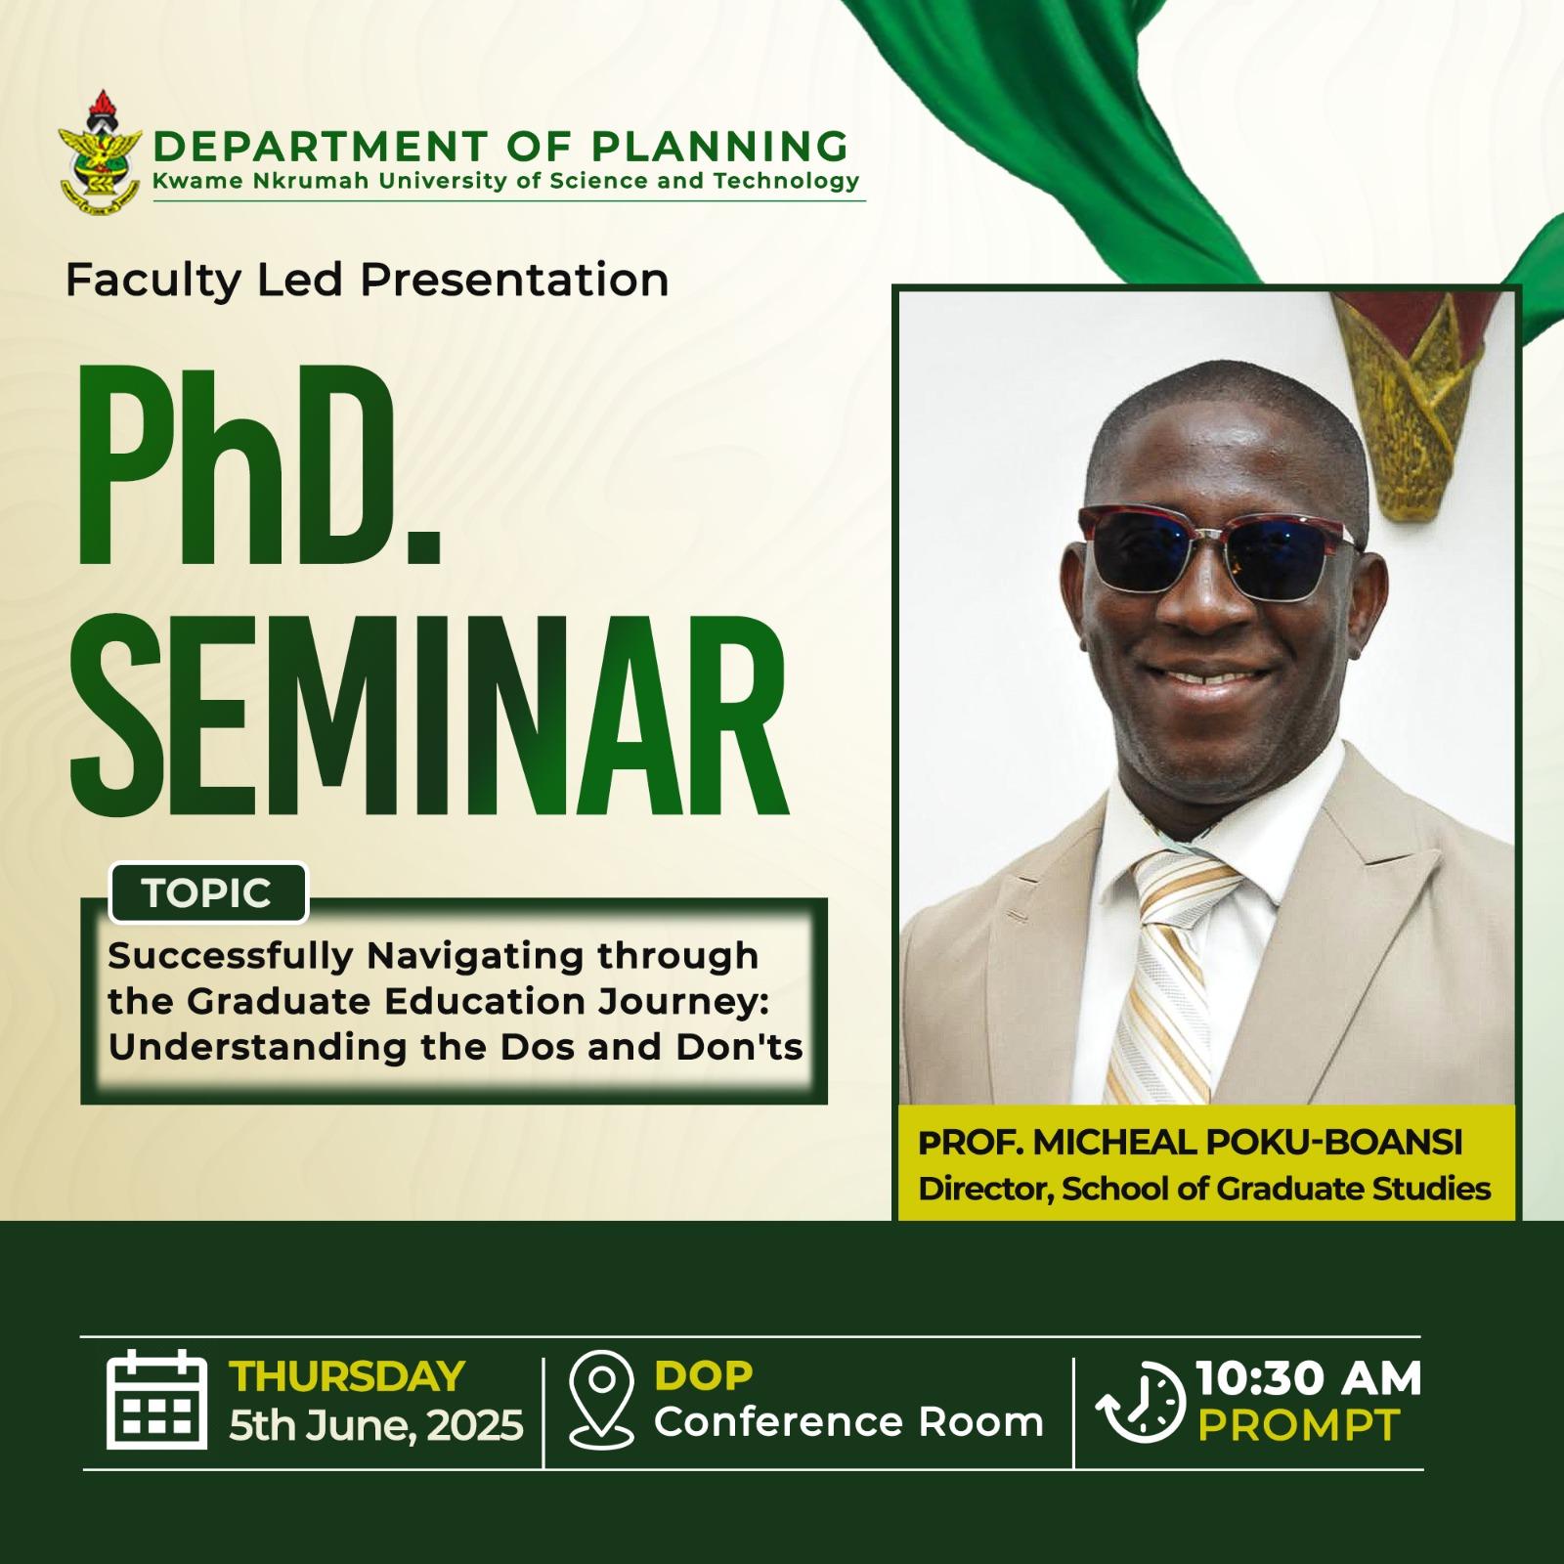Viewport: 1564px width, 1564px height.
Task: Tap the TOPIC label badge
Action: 208,892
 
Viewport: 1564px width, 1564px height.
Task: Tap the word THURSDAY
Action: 347,1375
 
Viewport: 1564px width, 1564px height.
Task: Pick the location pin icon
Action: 603,1399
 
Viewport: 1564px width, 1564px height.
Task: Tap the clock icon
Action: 1140,1402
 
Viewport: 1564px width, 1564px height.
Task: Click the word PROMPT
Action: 1299,1425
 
